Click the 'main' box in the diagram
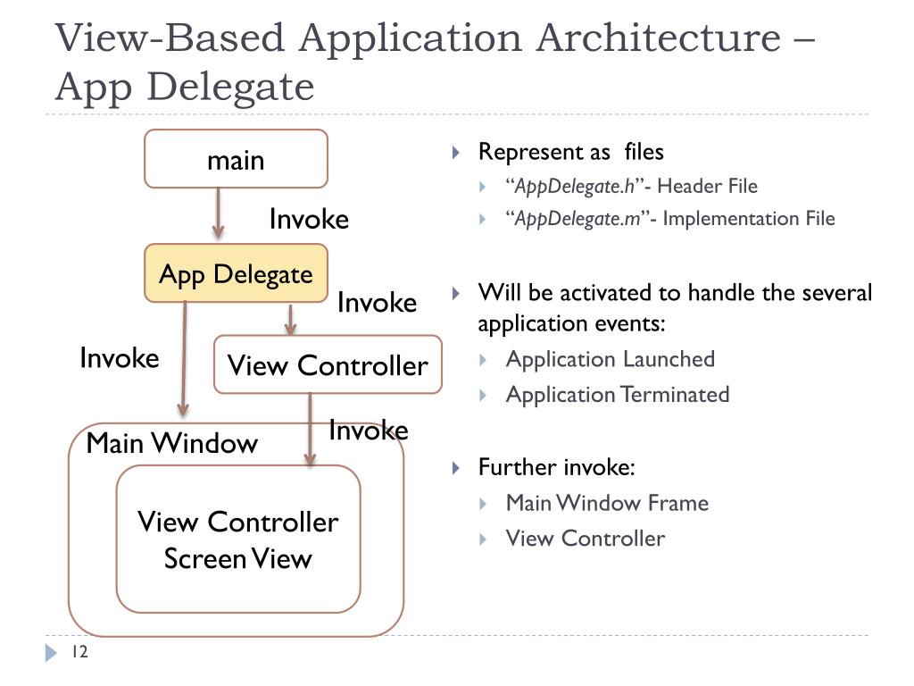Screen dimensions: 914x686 236,159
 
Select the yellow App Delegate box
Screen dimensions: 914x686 236,273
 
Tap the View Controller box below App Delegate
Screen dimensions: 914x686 328,364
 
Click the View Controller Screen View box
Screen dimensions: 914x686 238,539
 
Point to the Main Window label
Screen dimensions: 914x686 172,443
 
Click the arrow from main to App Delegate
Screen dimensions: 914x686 218,213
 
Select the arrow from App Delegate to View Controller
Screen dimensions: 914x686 290,319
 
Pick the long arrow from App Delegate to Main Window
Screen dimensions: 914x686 184,359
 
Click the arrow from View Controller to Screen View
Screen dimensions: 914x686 310,430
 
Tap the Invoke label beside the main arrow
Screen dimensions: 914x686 309,220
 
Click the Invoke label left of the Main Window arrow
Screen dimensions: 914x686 120,357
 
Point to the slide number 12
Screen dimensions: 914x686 79,651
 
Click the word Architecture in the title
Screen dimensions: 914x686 658,38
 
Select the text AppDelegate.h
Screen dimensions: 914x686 575,186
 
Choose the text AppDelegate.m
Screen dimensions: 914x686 577,219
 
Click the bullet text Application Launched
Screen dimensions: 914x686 611,359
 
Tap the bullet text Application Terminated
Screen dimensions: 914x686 618,394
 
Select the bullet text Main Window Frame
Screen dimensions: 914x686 607,503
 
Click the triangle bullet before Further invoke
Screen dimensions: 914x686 456,468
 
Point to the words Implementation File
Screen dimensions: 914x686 749,219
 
